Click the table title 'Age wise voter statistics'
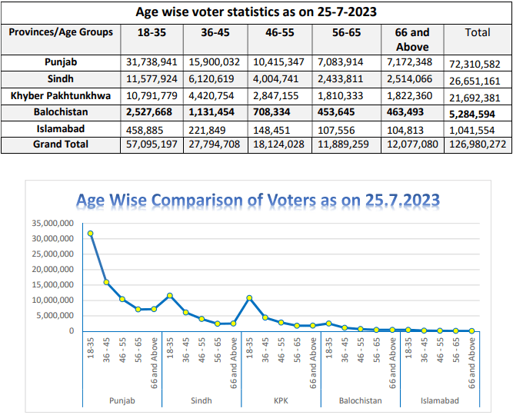click(256, 12)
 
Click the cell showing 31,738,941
click(153, 61)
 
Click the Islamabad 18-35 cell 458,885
click(145, 128)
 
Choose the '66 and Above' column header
click(412, 38)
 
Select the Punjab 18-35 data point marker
click(91, 233)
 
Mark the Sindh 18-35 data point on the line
click(170, 295)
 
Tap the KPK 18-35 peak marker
click(249, 297)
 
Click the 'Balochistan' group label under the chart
click(361, 400)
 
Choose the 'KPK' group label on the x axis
click(281, 400)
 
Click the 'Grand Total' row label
click(61, 144)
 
